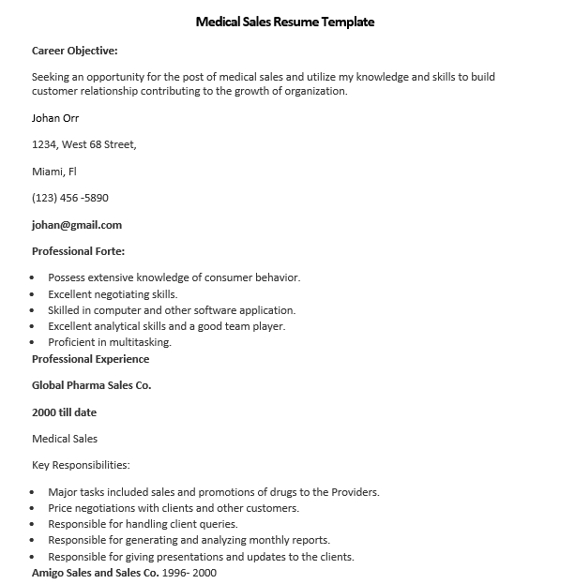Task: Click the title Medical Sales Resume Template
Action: (x=285, y=22)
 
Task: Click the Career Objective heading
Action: (x=75, y=51)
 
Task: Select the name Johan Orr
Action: (x=55, y=118)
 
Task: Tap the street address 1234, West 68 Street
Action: (x=84, y=144)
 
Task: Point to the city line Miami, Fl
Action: (x=54, y=172)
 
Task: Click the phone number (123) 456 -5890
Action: (x=70, y=198)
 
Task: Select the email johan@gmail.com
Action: (x=77, y=225)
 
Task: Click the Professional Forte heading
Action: (x=79, y=251)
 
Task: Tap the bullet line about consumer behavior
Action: (x=174, y=277)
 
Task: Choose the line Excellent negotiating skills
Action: (x=113, y=293)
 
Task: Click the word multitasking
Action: (x=141, y=342)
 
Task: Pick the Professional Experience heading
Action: (x=90, y=359)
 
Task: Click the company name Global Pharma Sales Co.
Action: (x=92, y=385)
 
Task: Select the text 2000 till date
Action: (x=64, y=412)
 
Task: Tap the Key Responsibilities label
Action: (x=81, y=465)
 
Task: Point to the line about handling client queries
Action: (x=143, y=524)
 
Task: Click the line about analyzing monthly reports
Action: (x=189, y=540)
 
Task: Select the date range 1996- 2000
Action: (x=190, y=572)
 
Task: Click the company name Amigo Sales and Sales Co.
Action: (x=96, y=572)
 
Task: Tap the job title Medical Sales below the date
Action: (x=65, y=439)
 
